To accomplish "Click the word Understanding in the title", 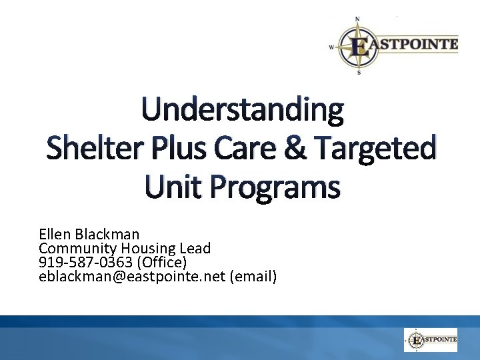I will pos(242,111).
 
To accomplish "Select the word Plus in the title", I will pos(176,148).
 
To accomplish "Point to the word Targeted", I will pos(375,148).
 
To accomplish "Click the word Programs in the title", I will pos(275,187).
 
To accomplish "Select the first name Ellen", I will pos(55,234).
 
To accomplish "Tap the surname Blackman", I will pos(107,234).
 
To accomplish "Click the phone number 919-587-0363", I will pos(85,262).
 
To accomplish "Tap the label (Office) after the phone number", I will pos(161,262).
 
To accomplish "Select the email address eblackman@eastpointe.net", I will pos(132,276).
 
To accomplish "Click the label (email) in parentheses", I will pos(253,276).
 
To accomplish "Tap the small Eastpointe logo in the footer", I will pos(431,340).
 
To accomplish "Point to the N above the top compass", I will pos(358,19).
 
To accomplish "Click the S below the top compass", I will pos(359,73).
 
